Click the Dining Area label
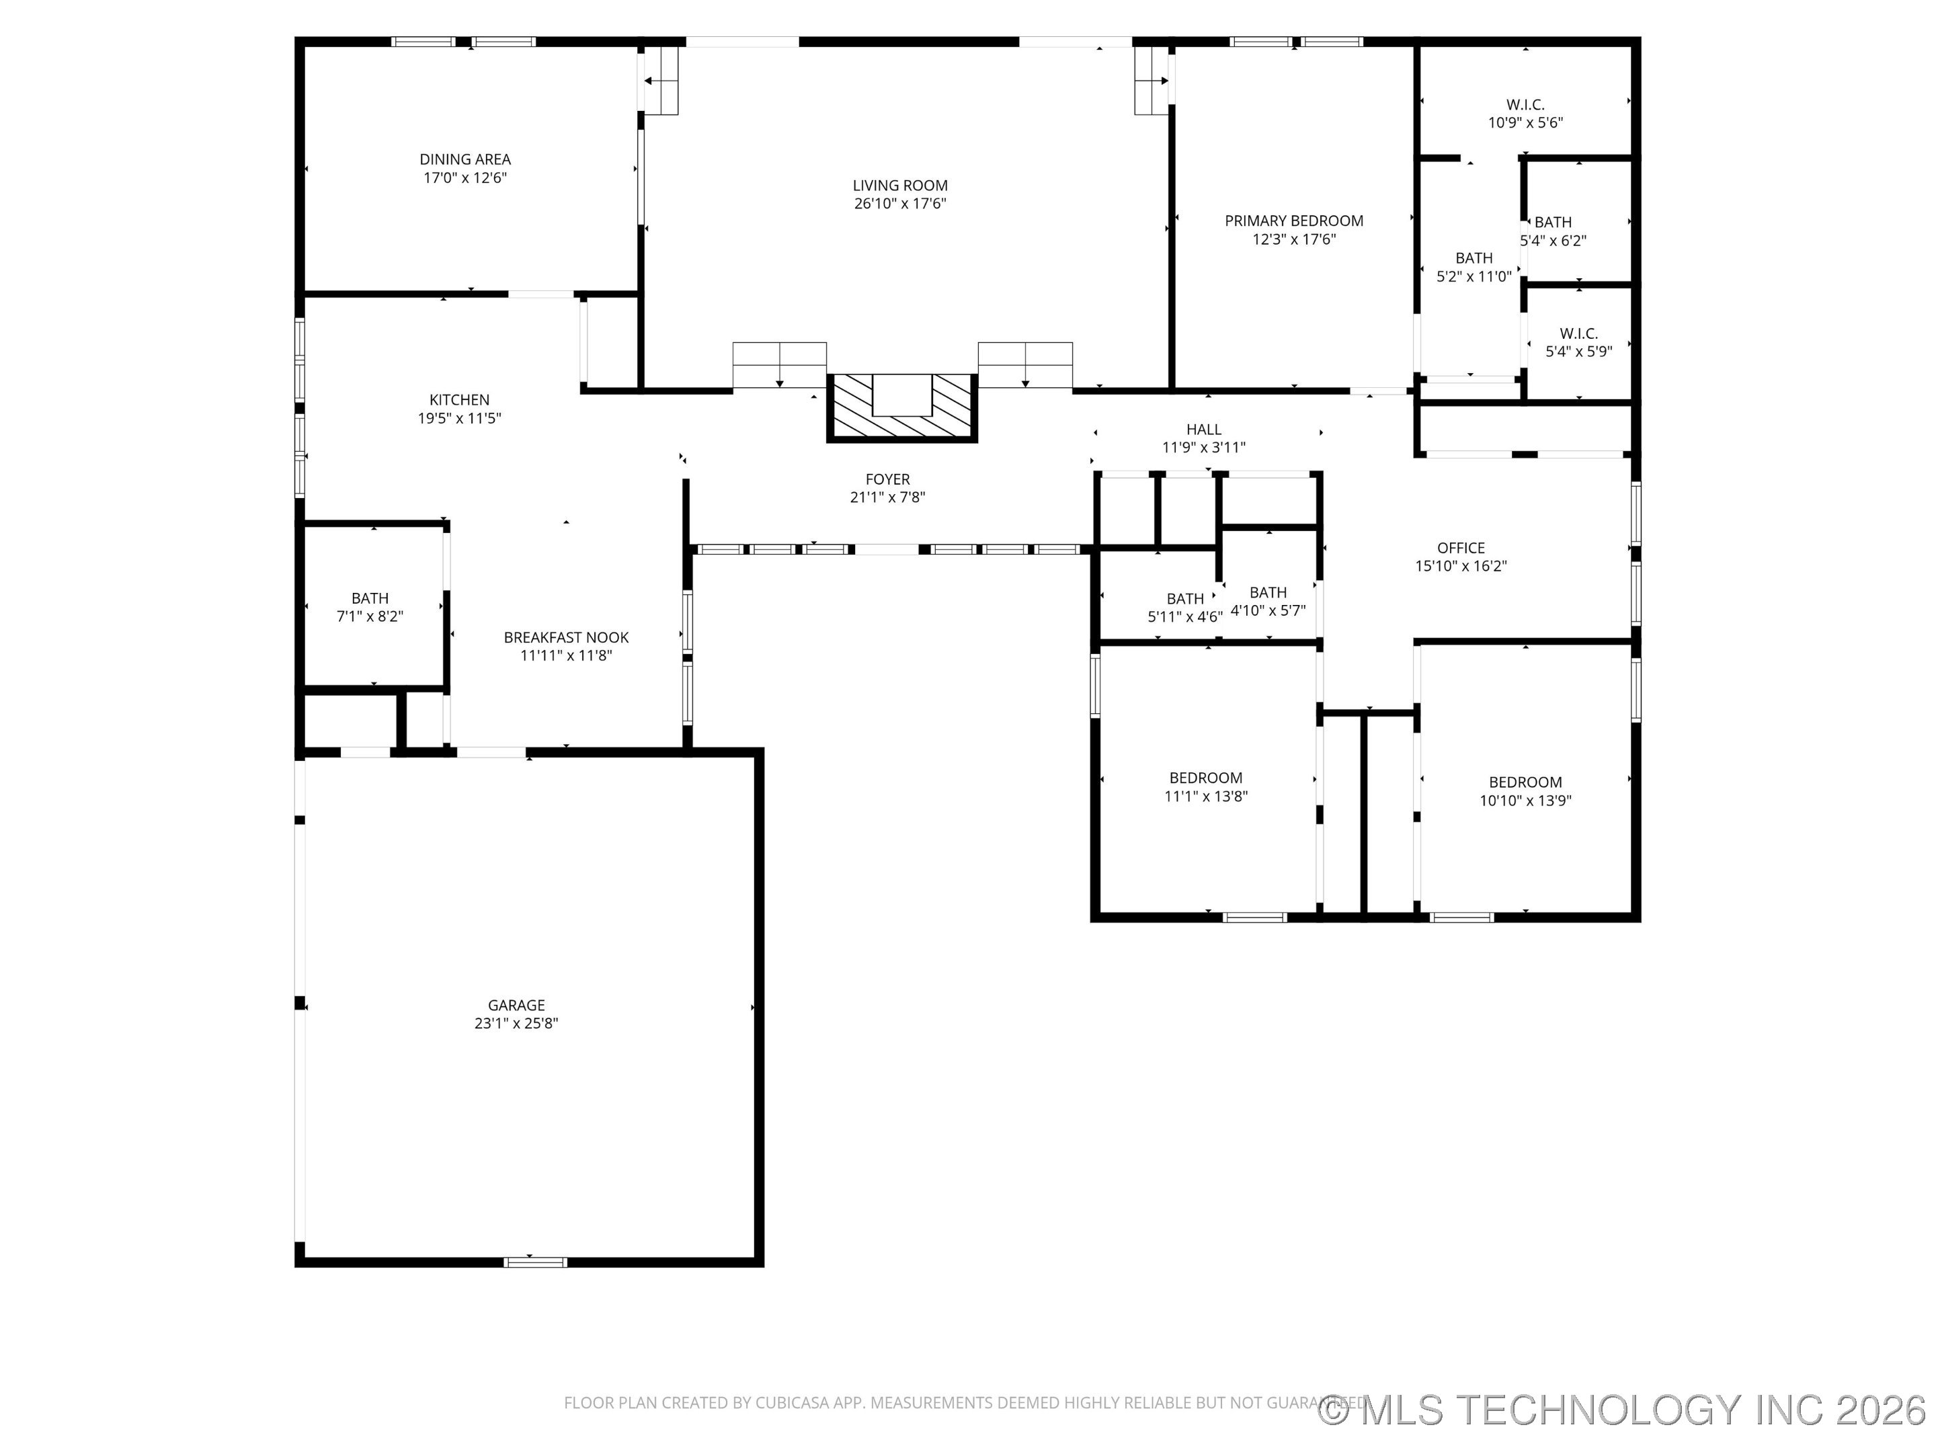coord(465,159)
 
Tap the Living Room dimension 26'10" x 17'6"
coord(899,204)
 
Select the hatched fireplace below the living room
coord(901,408)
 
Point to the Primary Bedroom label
coord(1293,221)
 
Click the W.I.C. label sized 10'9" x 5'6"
coord(1525,105)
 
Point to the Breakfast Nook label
coord(565,637)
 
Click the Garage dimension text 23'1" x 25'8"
coord(516,1023)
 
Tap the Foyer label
coord(887,479)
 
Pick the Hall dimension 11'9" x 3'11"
coord(1203,447)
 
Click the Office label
coord(1460,548)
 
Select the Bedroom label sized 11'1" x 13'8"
coord(1205,778)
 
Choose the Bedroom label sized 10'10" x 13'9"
coord(1525,782)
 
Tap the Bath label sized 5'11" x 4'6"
coord(1185,599)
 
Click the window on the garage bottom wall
coord(535,1261)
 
